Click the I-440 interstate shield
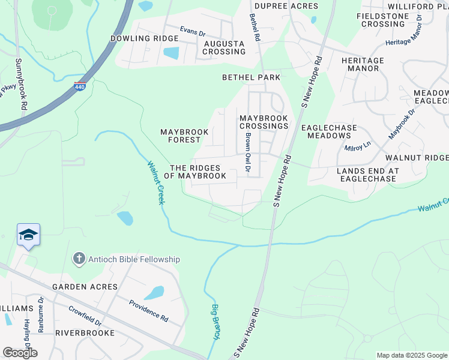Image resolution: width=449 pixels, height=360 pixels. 80,86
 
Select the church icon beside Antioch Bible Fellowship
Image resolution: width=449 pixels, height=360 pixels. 78,259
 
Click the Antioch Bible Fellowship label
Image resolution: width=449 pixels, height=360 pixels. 134,259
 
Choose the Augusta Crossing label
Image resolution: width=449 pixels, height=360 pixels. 224,48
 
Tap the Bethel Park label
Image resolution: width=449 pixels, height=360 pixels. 251,78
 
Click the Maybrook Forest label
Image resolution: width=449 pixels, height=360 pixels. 184,136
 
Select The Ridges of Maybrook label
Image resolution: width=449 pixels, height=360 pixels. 198,172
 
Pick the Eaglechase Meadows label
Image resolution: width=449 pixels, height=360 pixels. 329,131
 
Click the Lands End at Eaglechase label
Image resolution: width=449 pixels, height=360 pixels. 366,175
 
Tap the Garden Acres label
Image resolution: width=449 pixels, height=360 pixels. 85,287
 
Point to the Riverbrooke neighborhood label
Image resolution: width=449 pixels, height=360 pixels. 85,332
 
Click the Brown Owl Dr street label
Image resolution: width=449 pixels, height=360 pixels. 247,152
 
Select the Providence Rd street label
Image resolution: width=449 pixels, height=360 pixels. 148,310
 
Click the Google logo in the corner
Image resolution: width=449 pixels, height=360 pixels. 20,353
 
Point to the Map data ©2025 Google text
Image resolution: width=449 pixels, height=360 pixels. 412,355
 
